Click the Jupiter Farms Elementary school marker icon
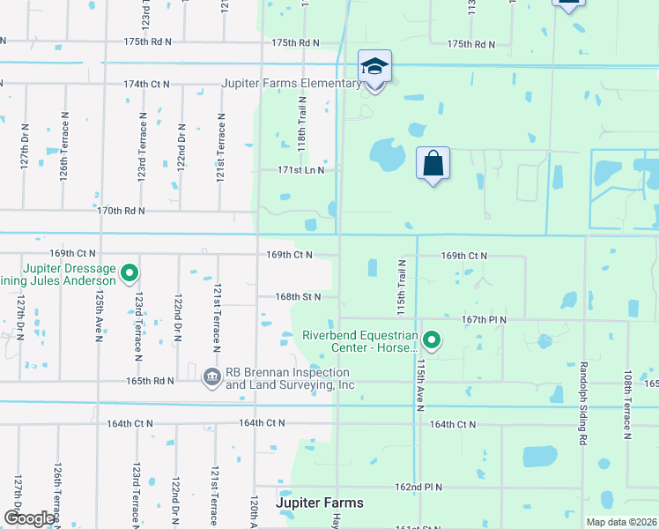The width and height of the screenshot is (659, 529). pyautogui.click(x=375, y=66)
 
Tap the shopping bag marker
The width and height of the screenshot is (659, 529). pyautogui.click(x=433, y=163)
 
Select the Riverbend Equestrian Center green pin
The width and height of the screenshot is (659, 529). pyautogui.click(x=432, y=339)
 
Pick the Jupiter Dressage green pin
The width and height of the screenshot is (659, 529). pyautogui.click(x=130, y=273)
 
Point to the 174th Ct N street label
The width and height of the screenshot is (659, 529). pyautogui.click(x=146, y=84)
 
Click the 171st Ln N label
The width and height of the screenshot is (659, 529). pyautogui.click(x=301, y=169)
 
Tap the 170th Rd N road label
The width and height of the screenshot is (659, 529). pyautogui.click(x=121, y=211)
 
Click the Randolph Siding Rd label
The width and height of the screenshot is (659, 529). pyautogui.click(x=582, y=402)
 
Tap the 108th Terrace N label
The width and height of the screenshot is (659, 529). pyautogui.click(x=627, y=405)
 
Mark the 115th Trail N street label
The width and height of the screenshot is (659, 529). pyautogui.click(x=401, y=287)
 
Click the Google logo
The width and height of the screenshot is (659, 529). pyautogui.click(x=29, y=518)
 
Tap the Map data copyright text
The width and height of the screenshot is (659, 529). pyautogui.click(x=620, y=522)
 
